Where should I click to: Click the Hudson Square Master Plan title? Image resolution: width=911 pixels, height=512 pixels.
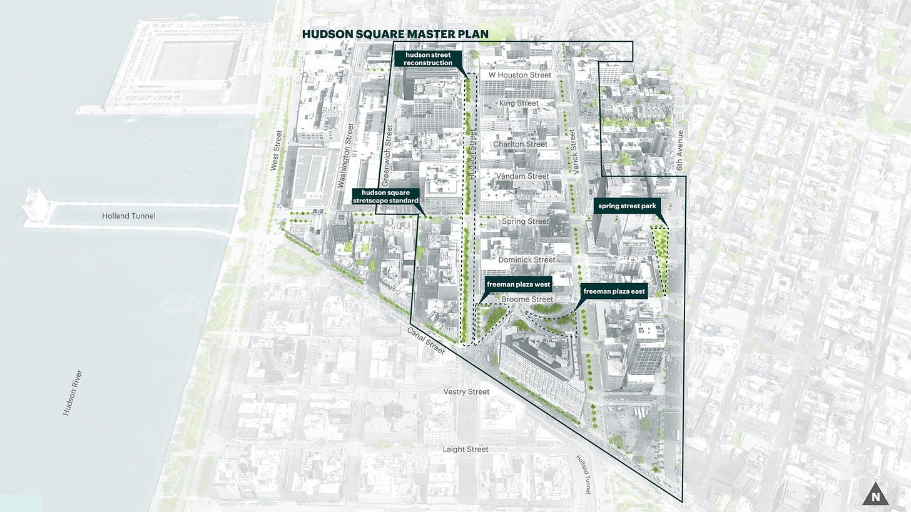(395, 34)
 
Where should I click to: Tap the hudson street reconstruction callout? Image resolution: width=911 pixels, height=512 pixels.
(428, 59)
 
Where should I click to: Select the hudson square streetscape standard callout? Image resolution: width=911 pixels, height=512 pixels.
(385, 196)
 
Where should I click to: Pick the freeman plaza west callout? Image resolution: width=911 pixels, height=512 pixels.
(518, 284)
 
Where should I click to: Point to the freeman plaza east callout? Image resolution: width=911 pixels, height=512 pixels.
(614, 291)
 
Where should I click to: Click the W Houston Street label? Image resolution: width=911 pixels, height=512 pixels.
(520, 75)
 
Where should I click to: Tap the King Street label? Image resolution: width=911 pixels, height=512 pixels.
(519, 103)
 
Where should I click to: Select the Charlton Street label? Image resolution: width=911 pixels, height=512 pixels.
(520, 144)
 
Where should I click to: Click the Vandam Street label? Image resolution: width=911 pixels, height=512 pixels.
(522, 176)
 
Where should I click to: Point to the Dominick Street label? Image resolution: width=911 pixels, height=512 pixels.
(527, 259)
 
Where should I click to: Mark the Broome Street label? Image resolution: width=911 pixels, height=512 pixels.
(527, 299)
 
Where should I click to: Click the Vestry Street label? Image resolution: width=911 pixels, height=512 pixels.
(466, 391)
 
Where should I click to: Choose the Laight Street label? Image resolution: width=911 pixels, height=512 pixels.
(466, 449)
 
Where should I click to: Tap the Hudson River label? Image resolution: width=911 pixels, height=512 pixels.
(73, 393)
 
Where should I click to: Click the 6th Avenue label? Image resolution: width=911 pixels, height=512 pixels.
(680, 151)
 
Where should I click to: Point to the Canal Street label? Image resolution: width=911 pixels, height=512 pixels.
(426, 341)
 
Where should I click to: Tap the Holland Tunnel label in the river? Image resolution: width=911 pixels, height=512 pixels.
(128, 216)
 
